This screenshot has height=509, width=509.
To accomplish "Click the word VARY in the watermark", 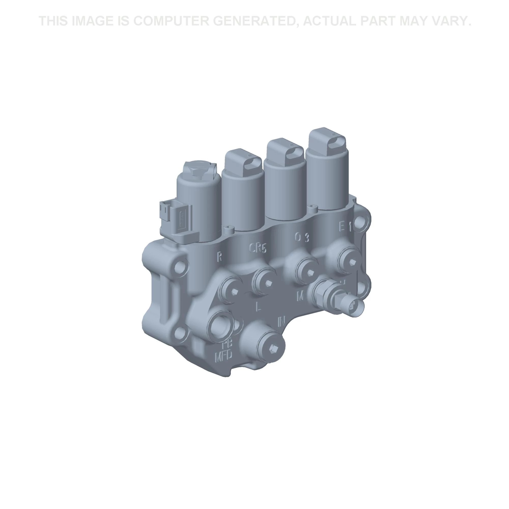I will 451,21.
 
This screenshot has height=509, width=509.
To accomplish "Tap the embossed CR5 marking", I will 258,248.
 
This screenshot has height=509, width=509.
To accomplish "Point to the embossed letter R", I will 219,257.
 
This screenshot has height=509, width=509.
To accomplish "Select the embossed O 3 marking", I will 301,238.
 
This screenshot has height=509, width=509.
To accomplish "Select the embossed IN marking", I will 282,321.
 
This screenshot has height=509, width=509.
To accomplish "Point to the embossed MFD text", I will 224,357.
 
